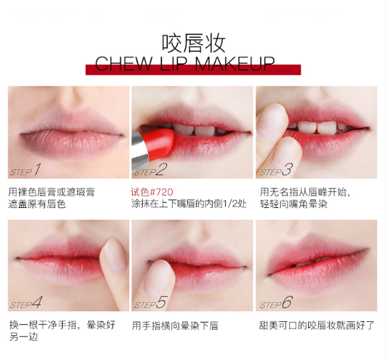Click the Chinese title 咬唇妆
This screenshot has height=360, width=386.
[193, 43]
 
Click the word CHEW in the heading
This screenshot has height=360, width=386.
[123, 64]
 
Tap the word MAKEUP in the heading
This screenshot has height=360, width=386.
[235, 64]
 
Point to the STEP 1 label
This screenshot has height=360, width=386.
[25, 170]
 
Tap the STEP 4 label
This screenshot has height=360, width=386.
[25, 303]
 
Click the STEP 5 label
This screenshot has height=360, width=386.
[150, 303]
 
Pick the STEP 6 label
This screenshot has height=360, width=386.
[276, 303]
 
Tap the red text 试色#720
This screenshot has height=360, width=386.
[152, 192]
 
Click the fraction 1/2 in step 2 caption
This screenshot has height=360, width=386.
[230, 204]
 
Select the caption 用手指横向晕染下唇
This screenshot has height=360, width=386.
[175, 325]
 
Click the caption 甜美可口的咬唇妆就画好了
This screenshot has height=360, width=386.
[317, 325]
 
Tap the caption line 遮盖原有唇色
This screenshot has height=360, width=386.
[37, 204]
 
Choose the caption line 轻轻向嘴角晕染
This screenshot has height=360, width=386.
[294, 204]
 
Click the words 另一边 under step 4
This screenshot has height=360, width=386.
[23, 337]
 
